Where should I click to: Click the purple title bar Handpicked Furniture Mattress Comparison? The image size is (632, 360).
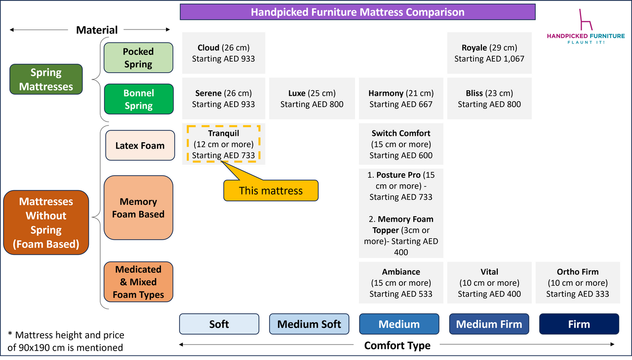coord(357,12)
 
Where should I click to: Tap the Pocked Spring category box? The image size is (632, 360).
coord(138,58)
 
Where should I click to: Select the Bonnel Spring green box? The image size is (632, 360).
coord(138,99)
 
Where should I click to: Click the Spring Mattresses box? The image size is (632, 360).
coord(46,80)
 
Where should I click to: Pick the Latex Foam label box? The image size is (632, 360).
coord(140,146)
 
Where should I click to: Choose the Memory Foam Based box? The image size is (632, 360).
coord(138,208)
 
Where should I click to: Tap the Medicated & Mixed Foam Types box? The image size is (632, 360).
coord(138,282)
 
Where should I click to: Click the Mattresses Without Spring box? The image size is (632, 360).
coord(46,223)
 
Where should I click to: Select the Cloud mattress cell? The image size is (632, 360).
coord(223,53)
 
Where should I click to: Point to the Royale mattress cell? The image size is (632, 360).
coord(489,53)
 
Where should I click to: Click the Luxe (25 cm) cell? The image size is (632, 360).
coord(312,98)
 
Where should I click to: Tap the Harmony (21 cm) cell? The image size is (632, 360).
coord(400,98)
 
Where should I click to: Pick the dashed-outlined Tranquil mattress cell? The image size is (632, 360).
coord(223,144)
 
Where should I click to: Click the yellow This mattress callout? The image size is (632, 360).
coord(271,191)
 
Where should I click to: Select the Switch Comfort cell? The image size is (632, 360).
coord(400,144)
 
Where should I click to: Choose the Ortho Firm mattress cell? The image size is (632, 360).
coord(577,282)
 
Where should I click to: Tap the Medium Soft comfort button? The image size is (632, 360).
coord(309,324)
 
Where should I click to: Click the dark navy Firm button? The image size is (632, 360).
coord(578,324)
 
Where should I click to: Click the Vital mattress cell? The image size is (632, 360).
coord(489,282)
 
